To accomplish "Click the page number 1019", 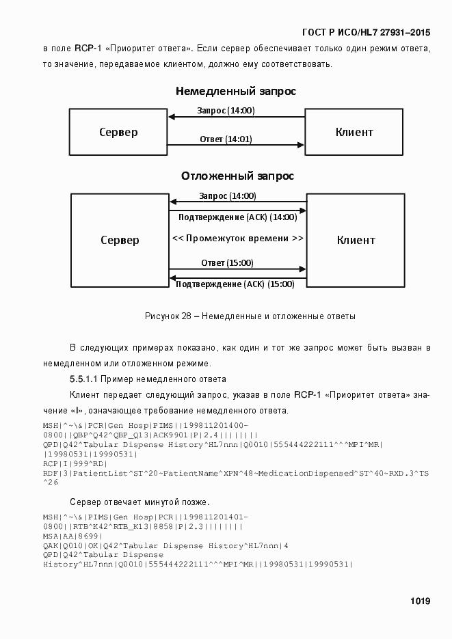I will pyautogui.click(x=420, y=601).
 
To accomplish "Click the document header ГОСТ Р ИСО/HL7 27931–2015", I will pyautogui.click(x=366, y=32).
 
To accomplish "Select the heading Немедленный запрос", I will pyautogui.click(x=235, y=90).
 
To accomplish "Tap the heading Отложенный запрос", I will pyautogui.click(x=237, y=176).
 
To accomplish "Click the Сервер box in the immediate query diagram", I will pyautogui.click(x=118, y=132).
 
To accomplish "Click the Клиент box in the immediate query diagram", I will pyautogui.click(x=354, y=132).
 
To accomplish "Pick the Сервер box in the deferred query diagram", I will pyautogui.click(x=120, y=240).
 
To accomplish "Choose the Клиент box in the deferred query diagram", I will pyautogui.click(x=356, y=240).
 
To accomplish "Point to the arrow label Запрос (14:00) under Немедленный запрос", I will pyautogui.click(x=226, y=110).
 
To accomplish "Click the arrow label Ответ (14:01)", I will pyautogui.click(x=226, y=139).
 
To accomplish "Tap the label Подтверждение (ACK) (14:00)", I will pyautogui.click(x=237, y=217).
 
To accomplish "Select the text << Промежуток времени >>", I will pyautogui.click(x=237, y=239).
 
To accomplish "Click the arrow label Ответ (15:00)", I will pyautogui.click(x=227, y=262).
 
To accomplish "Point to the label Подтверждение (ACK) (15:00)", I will pyautogui.click(x=235, y=284).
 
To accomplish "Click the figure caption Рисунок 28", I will pyautogui.click(x=250, y=316).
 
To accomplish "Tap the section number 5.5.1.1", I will pyautogui.click(x=84, y=379).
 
